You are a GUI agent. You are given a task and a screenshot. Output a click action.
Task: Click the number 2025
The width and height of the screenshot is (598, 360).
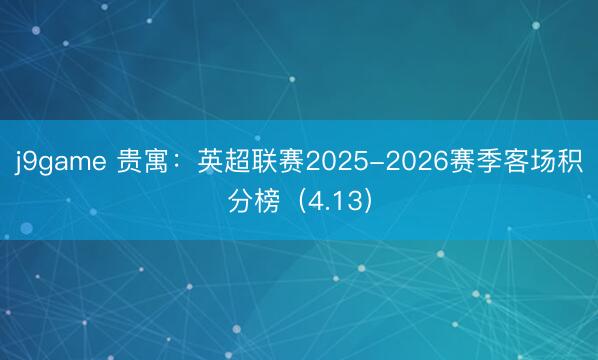(x=338, y=163)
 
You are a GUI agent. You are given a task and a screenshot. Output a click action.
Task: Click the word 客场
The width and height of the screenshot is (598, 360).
(x=531, y=163)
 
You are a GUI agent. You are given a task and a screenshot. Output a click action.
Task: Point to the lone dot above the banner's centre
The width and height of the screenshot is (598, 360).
(x=292, y=79)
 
